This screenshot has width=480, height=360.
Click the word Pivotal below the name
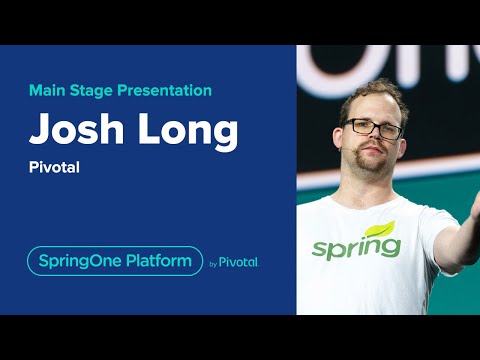pyautogui.click(x=54, y=167)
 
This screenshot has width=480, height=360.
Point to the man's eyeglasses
pyautogui.click(x=373, y=127)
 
